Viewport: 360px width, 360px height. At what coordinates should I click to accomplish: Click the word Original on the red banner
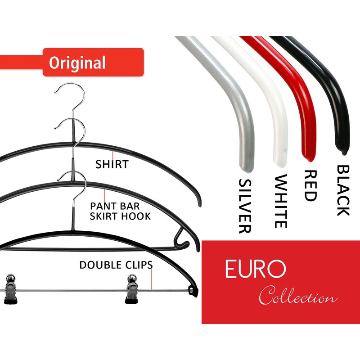(x=77, y=63)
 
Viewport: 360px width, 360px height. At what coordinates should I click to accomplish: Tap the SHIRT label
(x=112, y=164)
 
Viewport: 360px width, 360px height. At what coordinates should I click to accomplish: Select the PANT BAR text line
(x=114, y=206)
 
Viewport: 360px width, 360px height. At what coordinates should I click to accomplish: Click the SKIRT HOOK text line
(x=120, y=216)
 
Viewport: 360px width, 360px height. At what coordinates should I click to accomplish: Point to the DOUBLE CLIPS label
(x=116, y=265)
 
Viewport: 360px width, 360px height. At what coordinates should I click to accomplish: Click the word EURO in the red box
(x=255, y=269)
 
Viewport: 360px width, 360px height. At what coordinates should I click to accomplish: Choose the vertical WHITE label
(x=280, y=201)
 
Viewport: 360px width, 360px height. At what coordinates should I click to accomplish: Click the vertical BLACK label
(x=343, y=190)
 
